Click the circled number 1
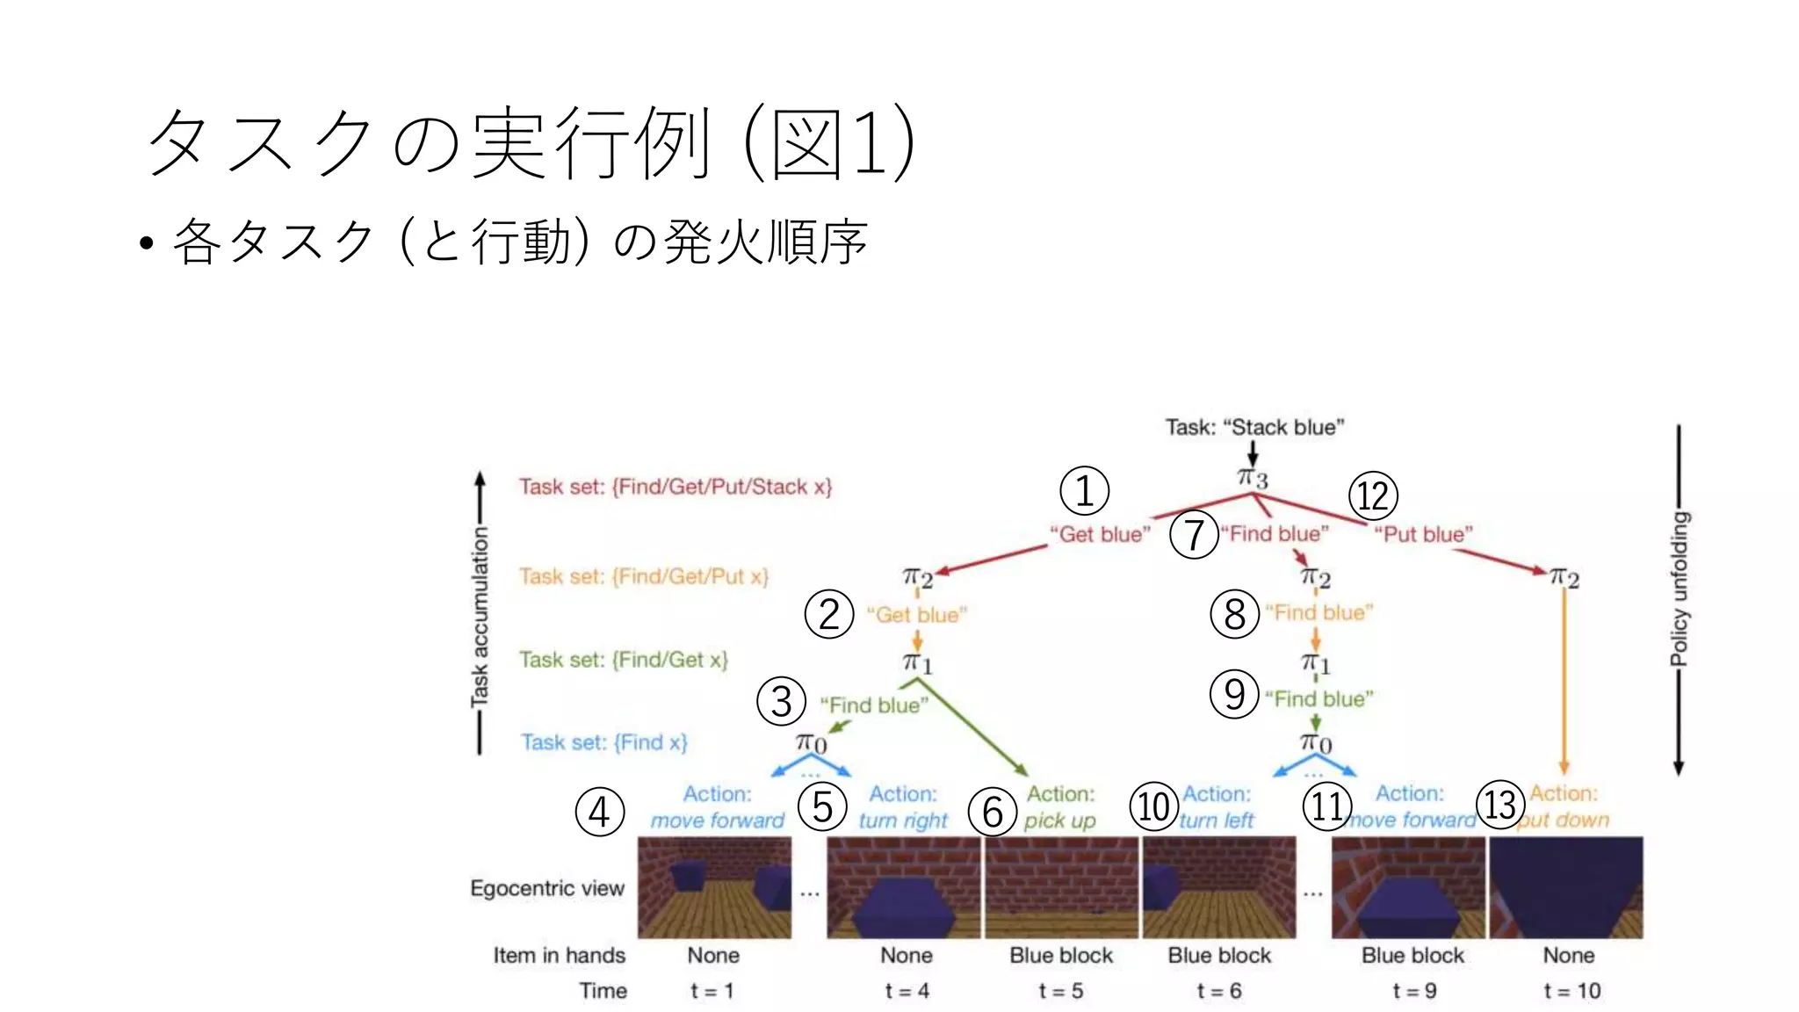(x=1084, y=491)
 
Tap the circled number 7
(x=1194, y=534)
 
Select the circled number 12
(x=1373, y=495)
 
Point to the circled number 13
(x=1500, y=804)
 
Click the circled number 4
(x=600, y=812)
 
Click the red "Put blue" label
(x=1423, y=534)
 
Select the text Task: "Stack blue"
(x=1254, y=427)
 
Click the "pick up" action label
(x=1060, y=820)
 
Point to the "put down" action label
(x=1564, y=820)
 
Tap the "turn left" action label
(x=1217, y=820)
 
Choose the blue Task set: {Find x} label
(x=604, y=742)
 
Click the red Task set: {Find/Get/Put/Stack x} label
(x=675, y=487)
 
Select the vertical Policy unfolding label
(x=1679, y=589)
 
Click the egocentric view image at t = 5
(x=1061, y=887)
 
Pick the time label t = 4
(x=907, y=991)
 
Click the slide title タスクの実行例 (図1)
(x=531, y=143)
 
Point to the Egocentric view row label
(x=547, y=888)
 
